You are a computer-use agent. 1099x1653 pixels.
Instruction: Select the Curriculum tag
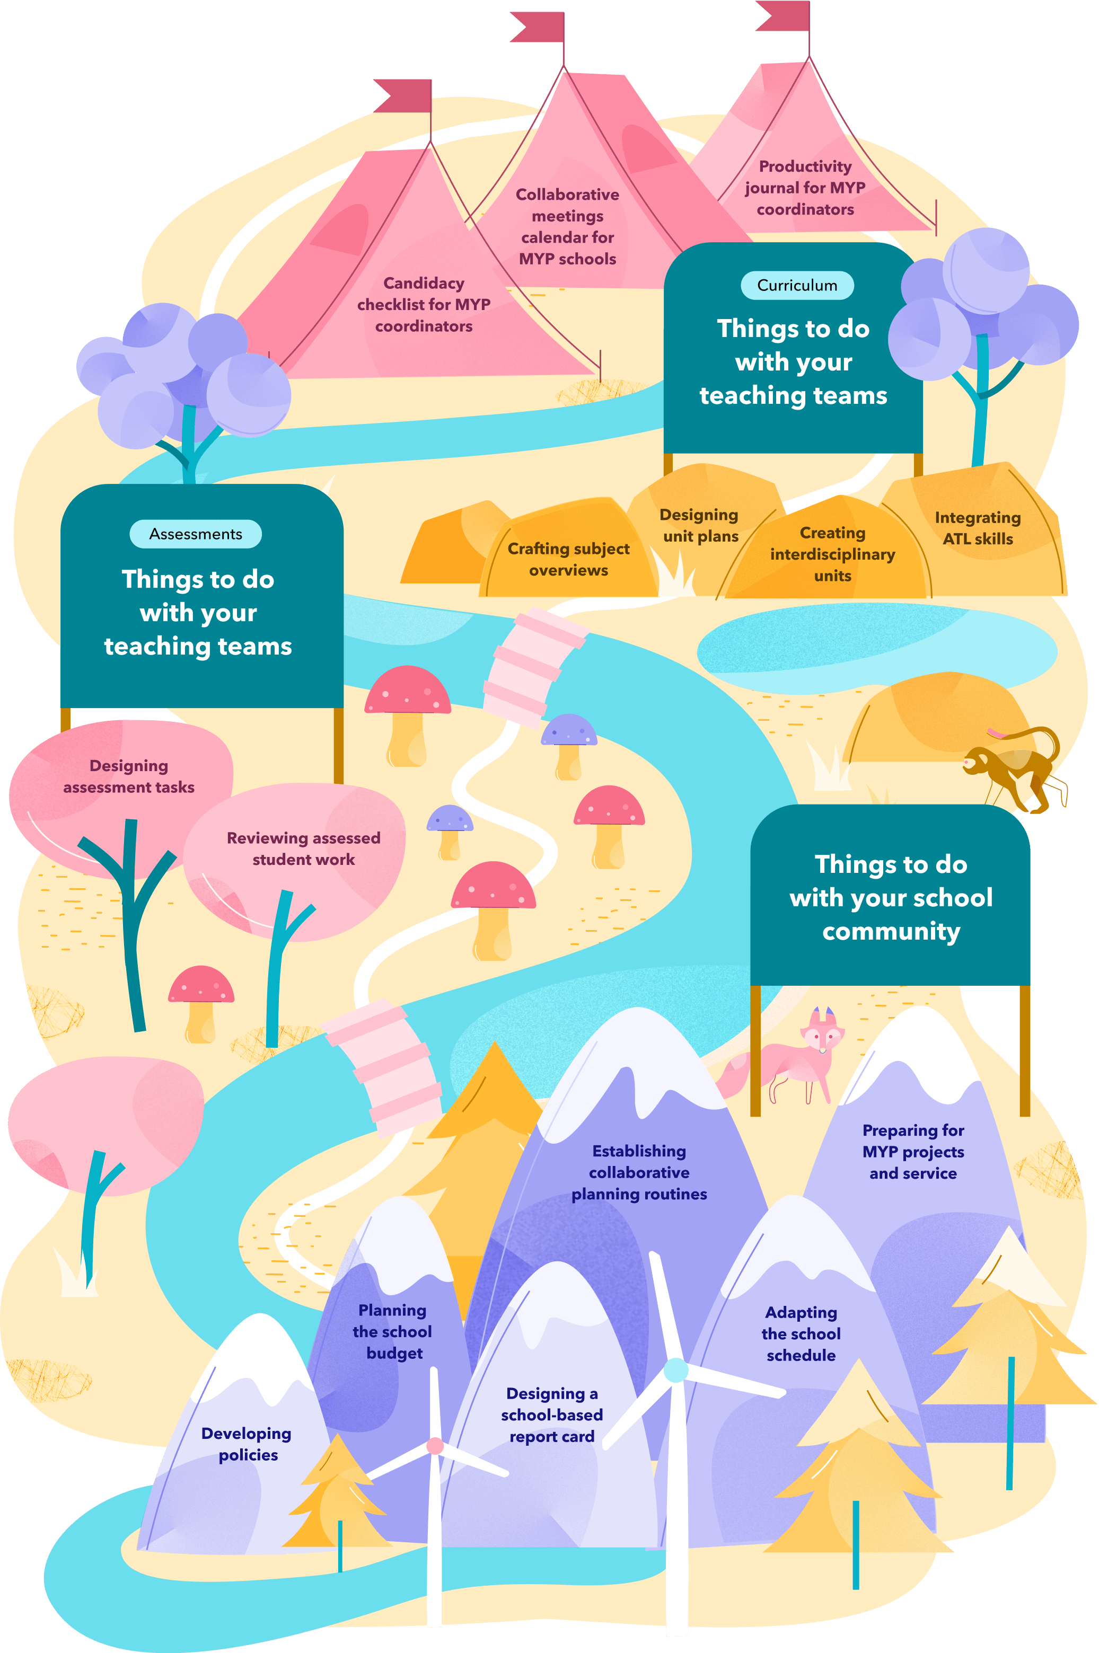click(x=797, y=285)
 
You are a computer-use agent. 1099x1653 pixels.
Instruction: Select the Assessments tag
click(x=196, y=534)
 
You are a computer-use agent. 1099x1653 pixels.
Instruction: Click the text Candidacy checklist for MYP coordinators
click(x=424, y=304)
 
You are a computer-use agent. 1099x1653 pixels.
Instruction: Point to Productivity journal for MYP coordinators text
click(x=805, y=188)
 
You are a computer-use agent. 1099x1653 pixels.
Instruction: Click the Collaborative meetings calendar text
click(x=567, y=226)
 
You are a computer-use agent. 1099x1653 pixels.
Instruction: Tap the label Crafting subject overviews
click(x=568, y=559)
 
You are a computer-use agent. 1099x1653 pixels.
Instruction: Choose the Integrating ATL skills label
click(x=977, y=528)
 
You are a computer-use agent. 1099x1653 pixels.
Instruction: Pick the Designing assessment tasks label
click(x=129, y=776)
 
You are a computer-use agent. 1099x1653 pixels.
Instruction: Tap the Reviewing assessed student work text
click(x=303, y=848)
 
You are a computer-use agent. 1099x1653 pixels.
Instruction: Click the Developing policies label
click(x=247, y=1444)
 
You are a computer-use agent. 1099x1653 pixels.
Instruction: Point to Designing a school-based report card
click(x=551, y=1415)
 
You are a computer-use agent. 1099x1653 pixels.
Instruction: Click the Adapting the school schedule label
click(x=801, y=1333)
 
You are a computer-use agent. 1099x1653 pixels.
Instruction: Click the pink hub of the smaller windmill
click(x=435, y=1446)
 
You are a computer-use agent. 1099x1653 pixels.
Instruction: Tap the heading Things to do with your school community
click(x=891, y=898)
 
